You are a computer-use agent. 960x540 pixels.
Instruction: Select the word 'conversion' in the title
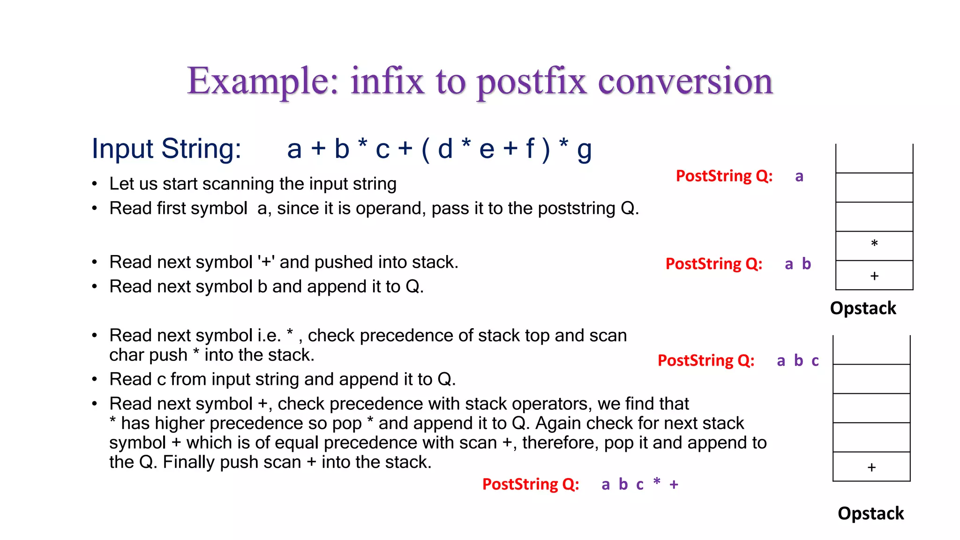(x=685, y=81)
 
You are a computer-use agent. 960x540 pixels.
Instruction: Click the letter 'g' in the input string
(x=584, y=150)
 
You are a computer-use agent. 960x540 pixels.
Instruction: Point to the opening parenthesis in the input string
(x=426, y=150)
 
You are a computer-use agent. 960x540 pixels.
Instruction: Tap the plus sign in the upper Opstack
(x=874, y=276)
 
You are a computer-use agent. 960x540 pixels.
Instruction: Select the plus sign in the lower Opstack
(x=871, y=467)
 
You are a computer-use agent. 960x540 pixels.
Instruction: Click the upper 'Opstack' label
(x=863, y=308)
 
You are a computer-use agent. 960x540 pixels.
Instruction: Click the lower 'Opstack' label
(x=870, y=514)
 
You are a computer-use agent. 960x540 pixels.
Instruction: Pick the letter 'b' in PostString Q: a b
(x=806, y=264)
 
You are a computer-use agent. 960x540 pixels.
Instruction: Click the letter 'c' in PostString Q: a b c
(x=815, y=361)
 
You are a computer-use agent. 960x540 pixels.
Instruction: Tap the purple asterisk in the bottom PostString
(x=657, y=481)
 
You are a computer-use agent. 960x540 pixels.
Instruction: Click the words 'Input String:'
(x=166, y=149)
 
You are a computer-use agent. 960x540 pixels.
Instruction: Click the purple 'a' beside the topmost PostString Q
(x=799, y=177)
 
